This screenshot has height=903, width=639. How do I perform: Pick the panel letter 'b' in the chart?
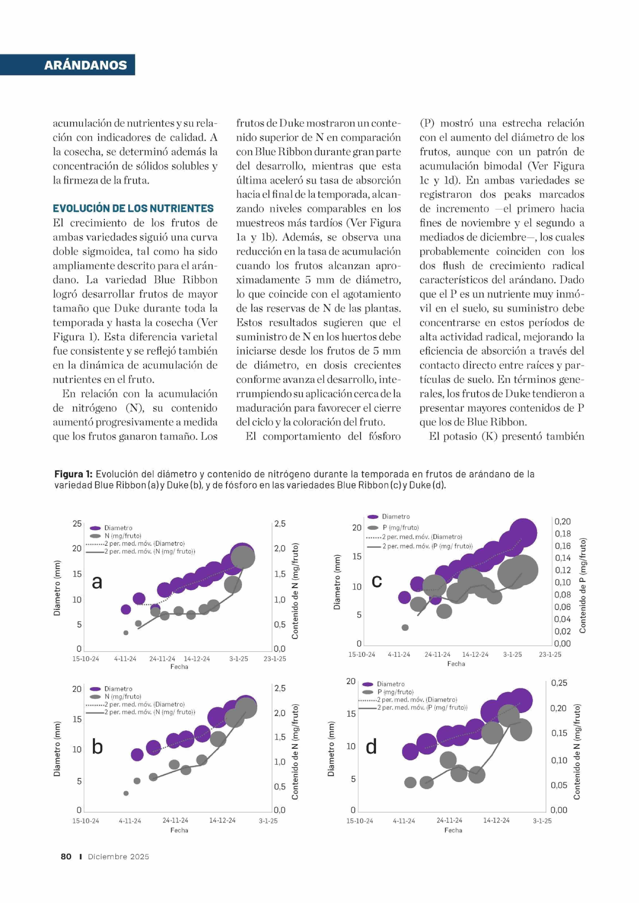point(97,746)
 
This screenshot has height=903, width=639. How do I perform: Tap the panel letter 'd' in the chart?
point(371,746)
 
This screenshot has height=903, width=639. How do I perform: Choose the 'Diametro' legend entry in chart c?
point(395,517)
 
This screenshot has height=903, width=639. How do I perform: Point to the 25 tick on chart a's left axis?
point(77,524)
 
